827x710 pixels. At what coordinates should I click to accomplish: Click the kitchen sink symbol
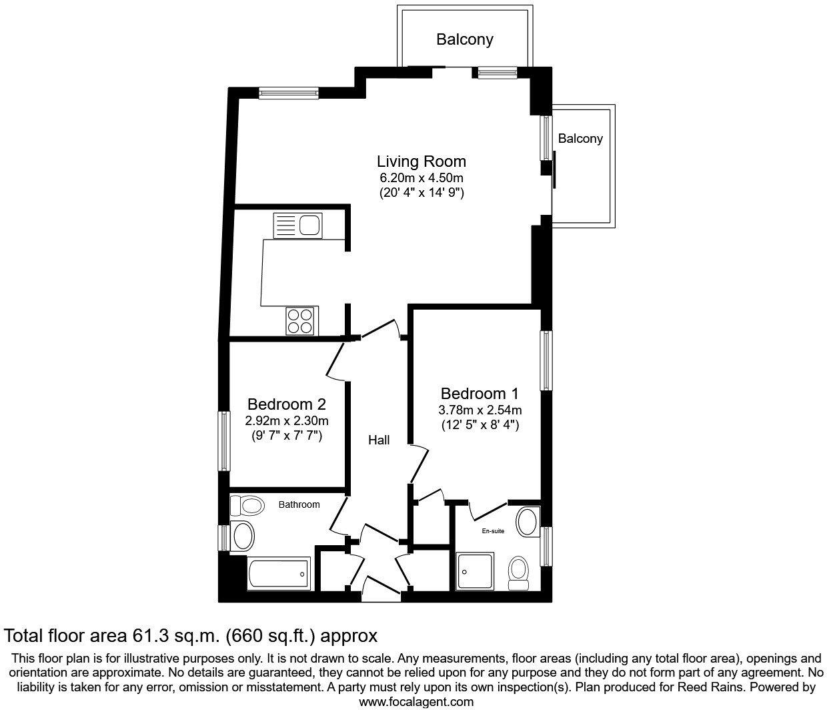coord(297,225)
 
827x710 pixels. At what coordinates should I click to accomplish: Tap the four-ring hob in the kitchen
coord(301,320)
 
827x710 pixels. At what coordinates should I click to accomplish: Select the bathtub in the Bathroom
coord(278,572)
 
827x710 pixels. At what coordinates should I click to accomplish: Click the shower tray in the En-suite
coord(476,570)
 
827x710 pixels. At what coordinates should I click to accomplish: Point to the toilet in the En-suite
coord(518,573)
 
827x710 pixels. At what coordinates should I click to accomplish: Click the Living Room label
coord(421,161)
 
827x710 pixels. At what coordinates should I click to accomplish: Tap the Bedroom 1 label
coord(480,394)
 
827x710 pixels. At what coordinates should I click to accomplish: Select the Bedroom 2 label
coord(286,404)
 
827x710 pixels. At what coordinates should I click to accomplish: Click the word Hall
coord(379,440)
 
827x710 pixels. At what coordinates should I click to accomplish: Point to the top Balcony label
coord(465,39)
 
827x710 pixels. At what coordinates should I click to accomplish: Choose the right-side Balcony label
coord(580,139)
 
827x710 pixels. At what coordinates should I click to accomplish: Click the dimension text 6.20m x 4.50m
coord(421,178)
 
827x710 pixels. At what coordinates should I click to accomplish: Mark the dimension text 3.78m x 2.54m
coord(480,410)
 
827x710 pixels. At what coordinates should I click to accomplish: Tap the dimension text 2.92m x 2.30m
coord(286,421)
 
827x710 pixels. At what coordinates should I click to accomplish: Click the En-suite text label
coord(493,531)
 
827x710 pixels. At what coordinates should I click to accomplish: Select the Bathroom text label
coord(299,505)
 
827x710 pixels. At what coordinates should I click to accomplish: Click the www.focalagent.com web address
coord(417,701)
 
